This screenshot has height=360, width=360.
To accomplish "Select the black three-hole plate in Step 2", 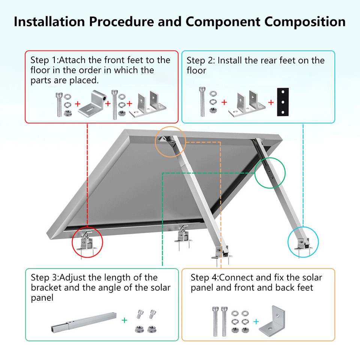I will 283,102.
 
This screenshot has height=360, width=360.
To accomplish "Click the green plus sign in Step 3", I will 124,320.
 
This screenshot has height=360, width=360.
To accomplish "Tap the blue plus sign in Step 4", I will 256,321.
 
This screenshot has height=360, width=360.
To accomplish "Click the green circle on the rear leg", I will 270,172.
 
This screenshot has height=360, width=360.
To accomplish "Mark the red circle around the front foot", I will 87,242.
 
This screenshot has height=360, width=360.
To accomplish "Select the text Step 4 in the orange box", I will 204,278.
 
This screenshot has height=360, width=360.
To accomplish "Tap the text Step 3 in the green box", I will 44,278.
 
